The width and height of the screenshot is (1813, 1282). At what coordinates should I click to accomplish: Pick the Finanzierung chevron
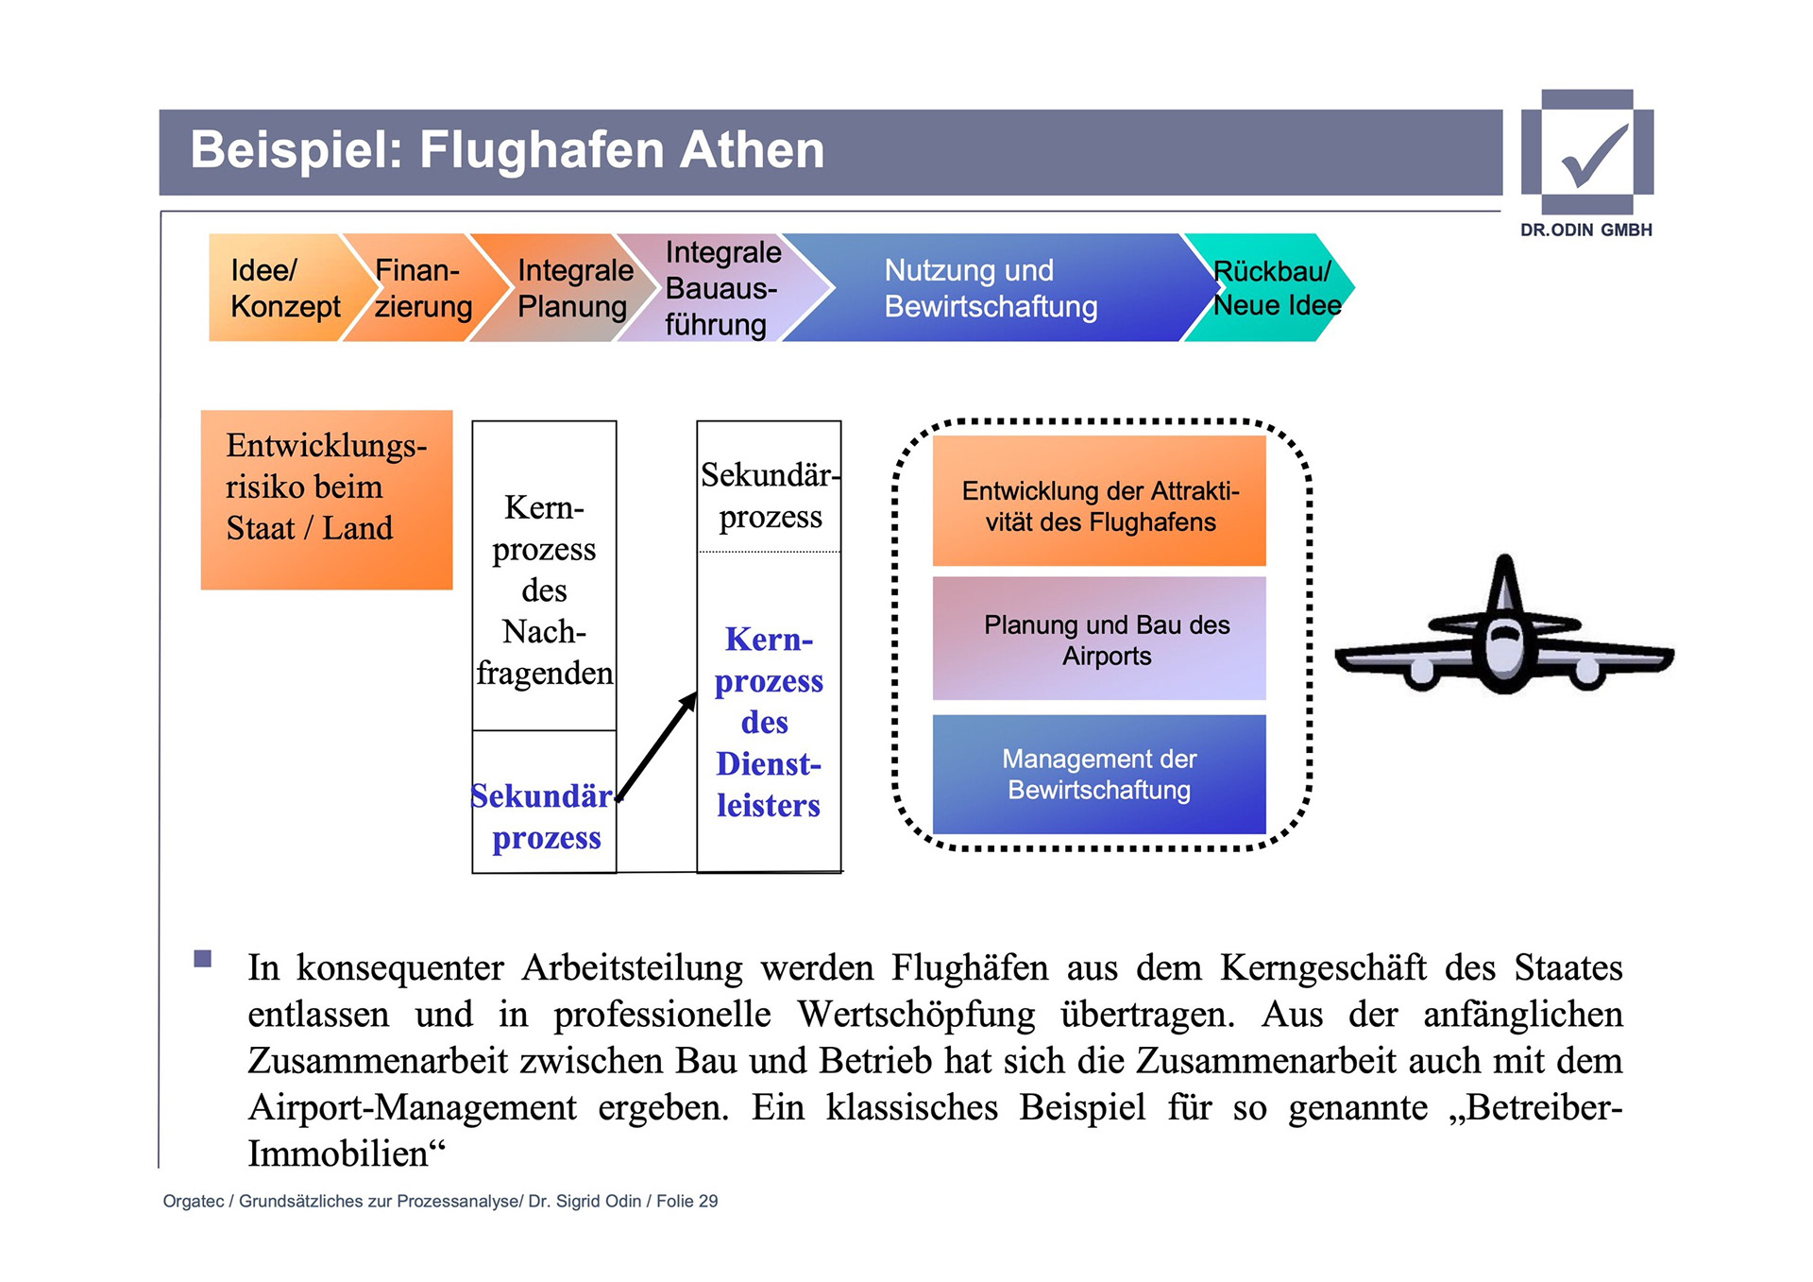421,288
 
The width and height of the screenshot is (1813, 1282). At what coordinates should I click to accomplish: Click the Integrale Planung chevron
572,288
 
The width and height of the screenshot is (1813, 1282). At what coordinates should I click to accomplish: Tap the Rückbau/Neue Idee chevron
1275,288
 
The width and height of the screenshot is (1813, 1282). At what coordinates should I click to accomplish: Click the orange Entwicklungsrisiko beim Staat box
326,499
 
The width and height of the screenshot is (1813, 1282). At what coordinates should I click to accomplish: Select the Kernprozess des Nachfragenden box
544,590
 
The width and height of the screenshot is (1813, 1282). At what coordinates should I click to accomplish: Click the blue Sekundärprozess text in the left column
544,816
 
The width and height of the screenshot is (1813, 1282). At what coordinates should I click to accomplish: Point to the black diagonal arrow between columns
657,746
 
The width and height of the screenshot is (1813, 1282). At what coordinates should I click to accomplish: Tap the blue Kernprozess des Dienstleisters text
769,722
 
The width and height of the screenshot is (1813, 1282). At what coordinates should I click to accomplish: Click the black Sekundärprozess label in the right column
770,495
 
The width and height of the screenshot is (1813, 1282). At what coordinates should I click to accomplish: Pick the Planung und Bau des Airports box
1099,639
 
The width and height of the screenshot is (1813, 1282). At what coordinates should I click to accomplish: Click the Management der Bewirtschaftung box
1099,774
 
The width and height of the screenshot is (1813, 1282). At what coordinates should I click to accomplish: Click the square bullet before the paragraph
202,959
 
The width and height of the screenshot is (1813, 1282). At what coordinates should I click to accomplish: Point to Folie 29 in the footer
686,1201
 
